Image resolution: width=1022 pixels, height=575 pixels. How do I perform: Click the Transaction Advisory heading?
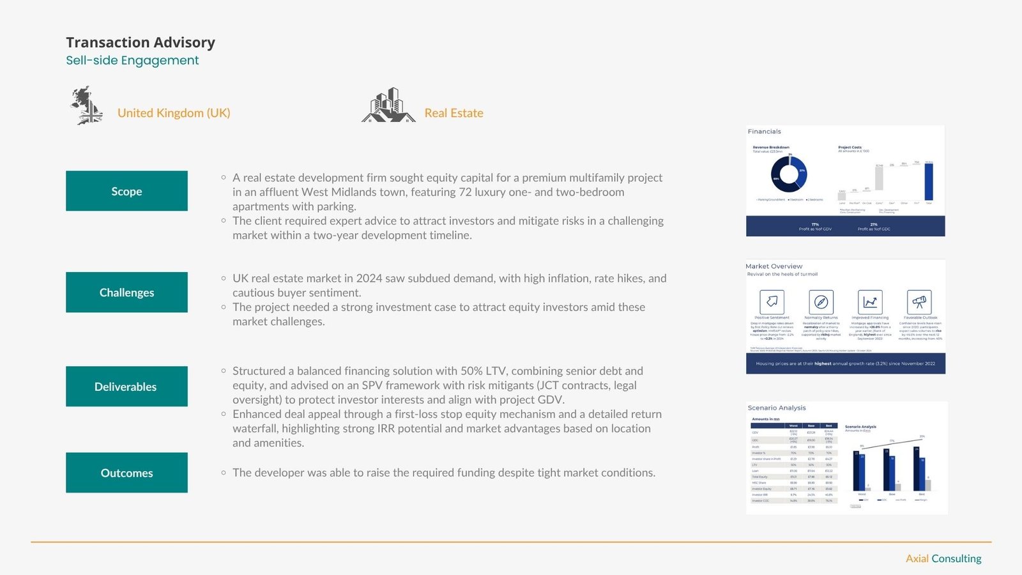click(141, 42)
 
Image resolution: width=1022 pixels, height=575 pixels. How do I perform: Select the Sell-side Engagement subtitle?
click(132, 60)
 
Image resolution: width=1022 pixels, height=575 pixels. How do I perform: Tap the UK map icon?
click(87, 105)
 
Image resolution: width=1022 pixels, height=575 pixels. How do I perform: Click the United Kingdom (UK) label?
click(174, 113)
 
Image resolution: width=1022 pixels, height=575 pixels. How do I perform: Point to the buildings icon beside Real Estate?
click(388, 105)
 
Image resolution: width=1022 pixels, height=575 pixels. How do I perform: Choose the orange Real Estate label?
click(454, 113)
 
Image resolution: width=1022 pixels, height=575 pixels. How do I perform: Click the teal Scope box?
click(126, 191)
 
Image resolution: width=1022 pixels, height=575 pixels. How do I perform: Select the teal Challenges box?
click(126, 293)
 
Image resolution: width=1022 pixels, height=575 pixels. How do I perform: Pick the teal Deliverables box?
click(126, 387)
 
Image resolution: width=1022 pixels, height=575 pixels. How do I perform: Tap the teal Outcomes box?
click(126, 473)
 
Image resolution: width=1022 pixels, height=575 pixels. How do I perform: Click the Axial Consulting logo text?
click(943, 558)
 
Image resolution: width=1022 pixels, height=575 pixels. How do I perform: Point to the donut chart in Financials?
click(789, 174)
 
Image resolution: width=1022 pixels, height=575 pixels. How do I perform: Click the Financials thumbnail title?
click(765, 132)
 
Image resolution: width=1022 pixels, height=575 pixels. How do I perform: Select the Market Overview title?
click(774, 266)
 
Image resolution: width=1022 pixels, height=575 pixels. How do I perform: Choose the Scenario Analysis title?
click(777, 408)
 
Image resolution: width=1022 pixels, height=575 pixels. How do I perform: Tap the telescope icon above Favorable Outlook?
click(919, 302)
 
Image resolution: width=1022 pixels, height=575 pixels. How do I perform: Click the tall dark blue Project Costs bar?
click(929, 182)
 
